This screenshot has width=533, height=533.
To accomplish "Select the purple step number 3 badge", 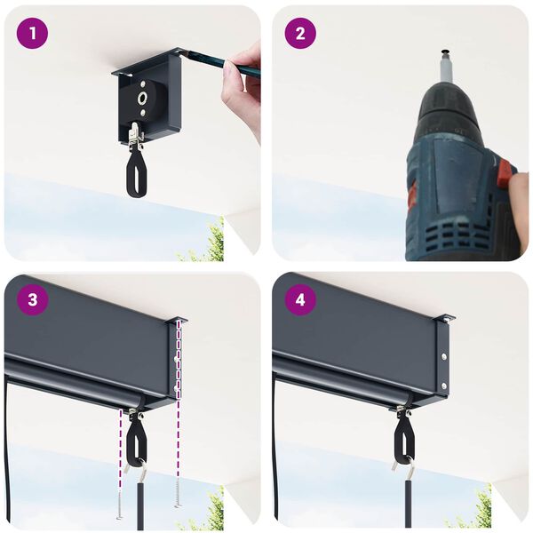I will (x=33, y=299).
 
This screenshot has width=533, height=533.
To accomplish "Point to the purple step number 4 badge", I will (x=300, y=299).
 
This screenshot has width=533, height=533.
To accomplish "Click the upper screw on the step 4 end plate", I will (x=442, y=356).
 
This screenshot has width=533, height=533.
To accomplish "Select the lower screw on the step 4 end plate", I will (x=442, y=386).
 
